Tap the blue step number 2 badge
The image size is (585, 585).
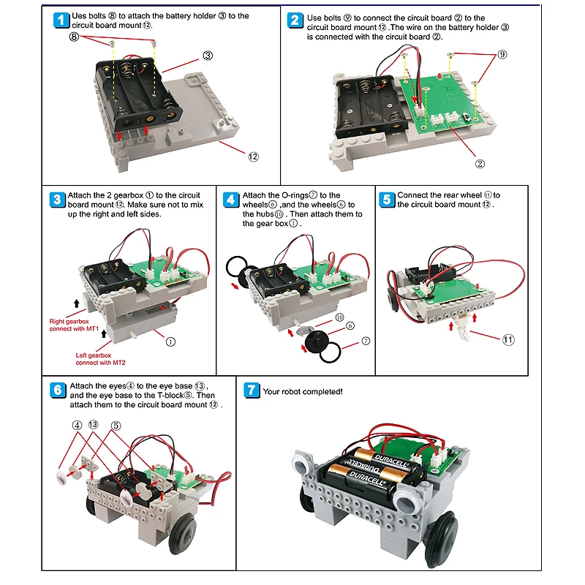[x=295, y=20]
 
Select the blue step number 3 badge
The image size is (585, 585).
[x=58, y=200]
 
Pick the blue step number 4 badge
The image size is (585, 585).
[x=231, y=200]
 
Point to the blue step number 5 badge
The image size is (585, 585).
[x=388, y=200]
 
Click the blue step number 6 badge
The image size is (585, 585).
[x=58, y=390]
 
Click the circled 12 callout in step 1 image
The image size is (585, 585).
[x=254, y=156]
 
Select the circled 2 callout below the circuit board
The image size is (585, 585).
[x=480, y=164]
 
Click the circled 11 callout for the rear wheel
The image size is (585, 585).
[x=507, y=339]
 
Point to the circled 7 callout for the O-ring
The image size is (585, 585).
[x=365, y=341]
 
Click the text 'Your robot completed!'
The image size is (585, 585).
[x=302, y=392]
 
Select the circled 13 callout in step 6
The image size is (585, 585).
[x=94, y=425]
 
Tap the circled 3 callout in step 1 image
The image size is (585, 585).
[x=208, y=55]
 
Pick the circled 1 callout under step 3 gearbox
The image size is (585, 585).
[x=170, y=341]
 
